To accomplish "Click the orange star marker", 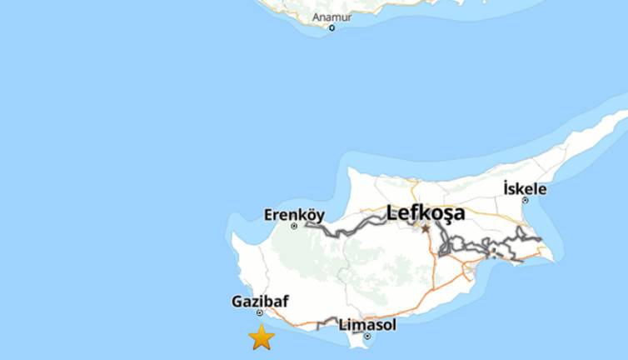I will coord(262,337).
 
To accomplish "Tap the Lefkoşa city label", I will coord(426,213).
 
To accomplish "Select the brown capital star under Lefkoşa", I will coord(426,228).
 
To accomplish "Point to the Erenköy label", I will coord(294,215).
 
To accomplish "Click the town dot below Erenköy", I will coord(294,226).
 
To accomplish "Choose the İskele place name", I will coord(525,189).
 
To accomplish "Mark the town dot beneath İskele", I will coord(525,200).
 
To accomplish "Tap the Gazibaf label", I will coord(260,302).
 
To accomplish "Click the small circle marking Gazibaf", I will coord(260,313).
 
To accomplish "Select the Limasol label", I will coord(367,325).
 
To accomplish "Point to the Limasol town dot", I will coord(366,337).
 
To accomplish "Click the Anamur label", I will coord(331,17).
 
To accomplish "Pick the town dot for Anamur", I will coord(331,27).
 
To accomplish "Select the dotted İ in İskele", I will coord(506,188).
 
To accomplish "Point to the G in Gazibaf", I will coord(237,302).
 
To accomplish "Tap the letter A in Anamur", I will coord(316,17).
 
